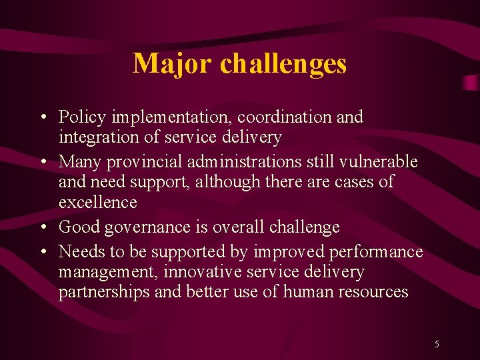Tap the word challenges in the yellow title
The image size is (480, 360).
(283, 64)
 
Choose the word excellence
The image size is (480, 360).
(97, 202)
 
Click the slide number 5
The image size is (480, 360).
(437, 345)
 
